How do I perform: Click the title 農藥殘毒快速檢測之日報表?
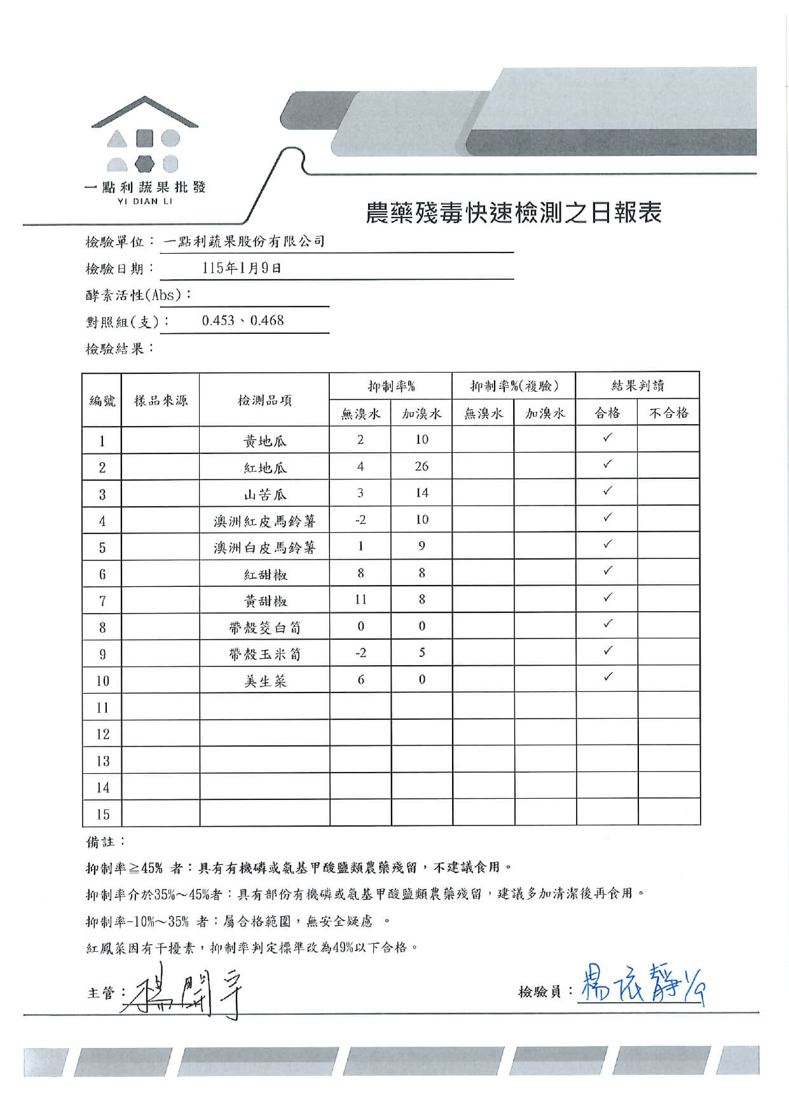[x=513, y=213]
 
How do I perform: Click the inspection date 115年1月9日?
[x=242, y=268]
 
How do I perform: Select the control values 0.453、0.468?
[x=243, y=320]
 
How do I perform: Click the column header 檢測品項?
[x=264, y=401]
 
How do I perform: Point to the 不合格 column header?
[x=668, y=413]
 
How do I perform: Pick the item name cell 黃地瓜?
[x=264, y=441]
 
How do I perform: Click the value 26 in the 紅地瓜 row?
[x=422, y=466]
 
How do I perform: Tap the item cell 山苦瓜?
[x=264, y=494]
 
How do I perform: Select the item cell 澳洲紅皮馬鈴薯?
[x=264, y=521]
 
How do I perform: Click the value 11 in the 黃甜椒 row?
[x=360, y=600]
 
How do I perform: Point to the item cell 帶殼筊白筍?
[x=264, y=628]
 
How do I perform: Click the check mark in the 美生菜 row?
[x=608, y=677]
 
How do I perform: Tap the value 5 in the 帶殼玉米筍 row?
[x=422, y=653]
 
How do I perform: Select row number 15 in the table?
[x=102, y=814]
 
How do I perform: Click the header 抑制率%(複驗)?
[x=514, y=386]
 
